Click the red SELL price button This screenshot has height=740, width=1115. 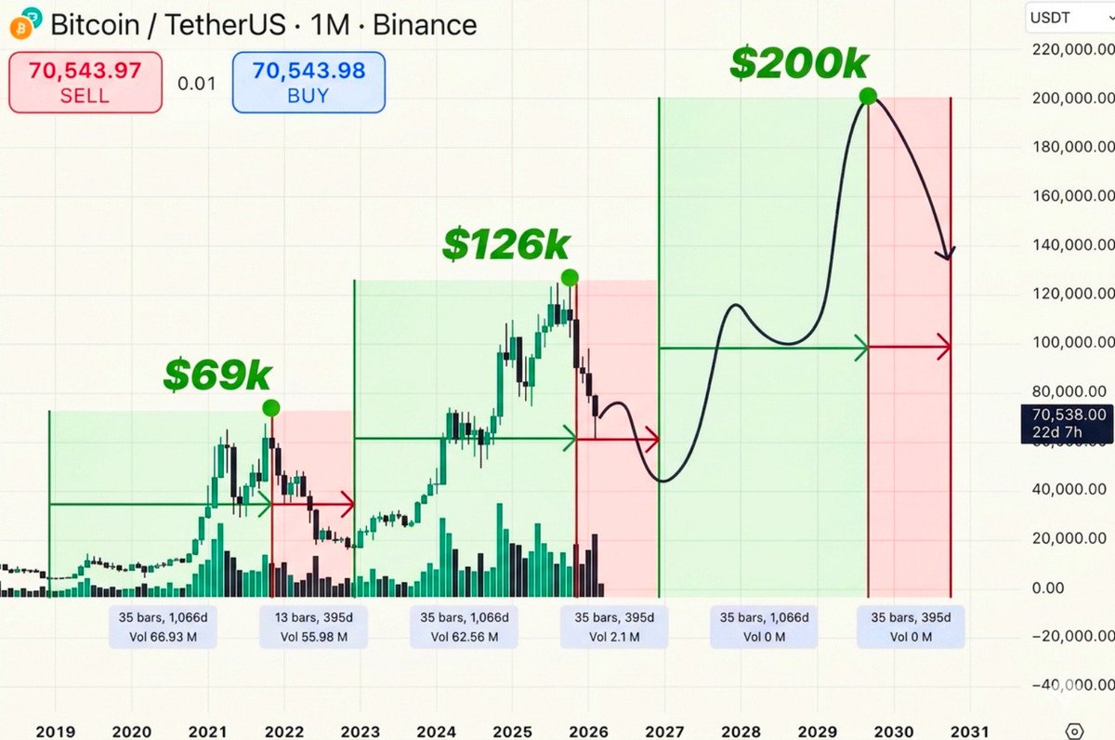click(85, 83)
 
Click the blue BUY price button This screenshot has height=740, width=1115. click(308, 83)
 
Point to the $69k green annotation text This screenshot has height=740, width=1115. click(217, 374)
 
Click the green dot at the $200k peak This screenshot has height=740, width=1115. click(868, 96)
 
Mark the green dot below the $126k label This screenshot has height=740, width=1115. click(570, 277)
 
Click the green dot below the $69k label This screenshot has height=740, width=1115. click(270, 407)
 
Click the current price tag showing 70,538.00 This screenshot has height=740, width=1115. click(1065, 423)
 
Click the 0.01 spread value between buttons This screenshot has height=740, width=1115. click(196, 84)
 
